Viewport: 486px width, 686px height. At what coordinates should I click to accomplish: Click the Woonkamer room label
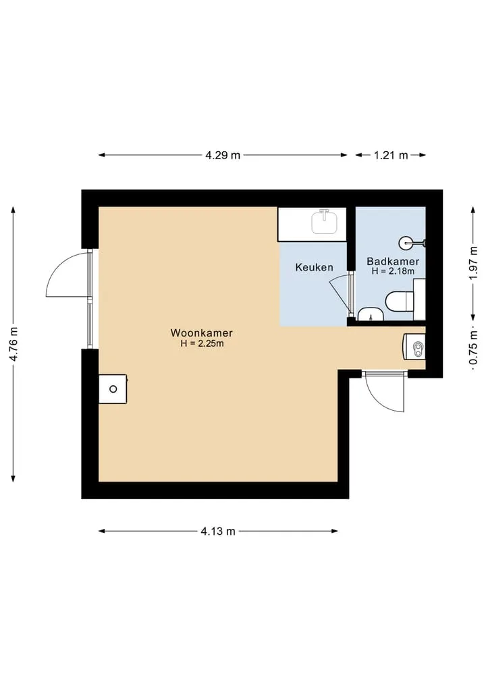201,333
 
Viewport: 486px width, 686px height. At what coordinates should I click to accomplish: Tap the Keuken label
314,267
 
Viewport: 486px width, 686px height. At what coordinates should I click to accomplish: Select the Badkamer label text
393,261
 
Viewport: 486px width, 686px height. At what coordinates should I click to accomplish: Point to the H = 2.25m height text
202,343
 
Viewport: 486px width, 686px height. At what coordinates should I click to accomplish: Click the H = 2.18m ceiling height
393,270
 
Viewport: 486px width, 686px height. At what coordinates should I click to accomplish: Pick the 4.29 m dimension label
223,155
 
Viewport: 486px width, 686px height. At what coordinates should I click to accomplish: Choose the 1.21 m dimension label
391,155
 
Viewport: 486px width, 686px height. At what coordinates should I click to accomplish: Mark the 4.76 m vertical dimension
13,344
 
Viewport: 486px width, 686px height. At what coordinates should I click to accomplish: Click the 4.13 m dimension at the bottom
218,531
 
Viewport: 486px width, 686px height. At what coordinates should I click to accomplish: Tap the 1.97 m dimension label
473,264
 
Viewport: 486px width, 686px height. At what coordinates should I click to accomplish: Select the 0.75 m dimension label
473,348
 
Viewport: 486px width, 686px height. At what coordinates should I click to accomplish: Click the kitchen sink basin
325,221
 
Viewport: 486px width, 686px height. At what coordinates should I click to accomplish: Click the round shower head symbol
406,242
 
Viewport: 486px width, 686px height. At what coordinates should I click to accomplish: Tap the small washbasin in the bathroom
371,314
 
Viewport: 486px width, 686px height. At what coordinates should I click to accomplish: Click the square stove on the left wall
113,389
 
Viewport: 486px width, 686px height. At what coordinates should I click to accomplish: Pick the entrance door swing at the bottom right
385,391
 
